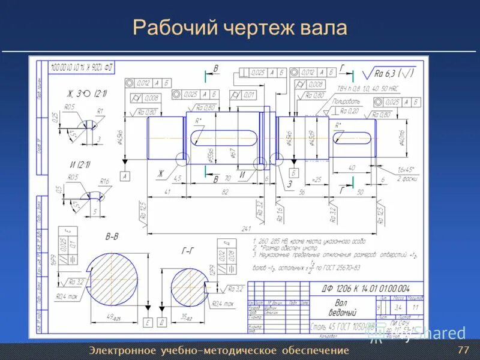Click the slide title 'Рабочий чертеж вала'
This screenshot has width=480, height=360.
(x=239, y=28)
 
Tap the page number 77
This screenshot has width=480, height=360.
(x=463, y=350)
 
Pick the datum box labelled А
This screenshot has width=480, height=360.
(x=125, y=176)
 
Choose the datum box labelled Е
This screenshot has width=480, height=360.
(x=147, y=323)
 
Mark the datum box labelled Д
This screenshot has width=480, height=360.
(x=161, y=323)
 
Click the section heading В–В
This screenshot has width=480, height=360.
(x=112, y=237)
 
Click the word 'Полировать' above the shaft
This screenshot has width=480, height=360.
(x=346, y=102)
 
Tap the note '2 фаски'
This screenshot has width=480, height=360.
(x=406, y=179)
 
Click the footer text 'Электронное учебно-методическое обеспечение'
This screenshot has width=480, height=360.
(x=218, y=350)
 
